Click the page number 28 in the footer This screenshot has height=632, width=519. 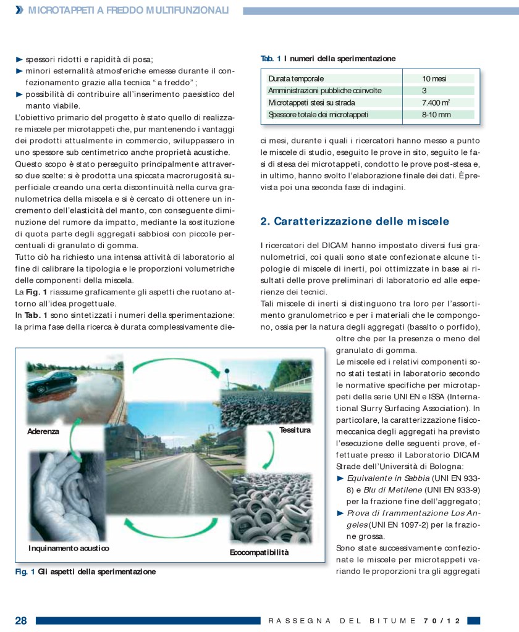click(21, 620)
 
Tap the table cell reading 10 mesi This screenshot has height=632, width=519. click(434, 79)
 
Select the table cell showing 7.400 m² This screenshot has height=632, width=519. click(436, 102)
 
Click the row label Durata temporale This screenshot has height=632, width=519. click(296, 79)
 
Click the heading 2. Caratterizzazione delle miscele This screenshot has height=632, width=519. click(355, 221)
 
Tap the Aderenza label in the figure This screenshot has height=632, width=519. click(43, 431)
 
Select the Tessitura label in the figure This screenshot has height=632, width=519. click(295, 429)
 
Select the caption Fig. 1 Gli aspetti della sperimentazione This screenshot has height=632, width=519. click(85, 572)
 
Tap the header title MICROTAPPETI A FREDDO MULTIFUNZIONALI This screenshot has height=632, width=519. click(129, 10)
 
